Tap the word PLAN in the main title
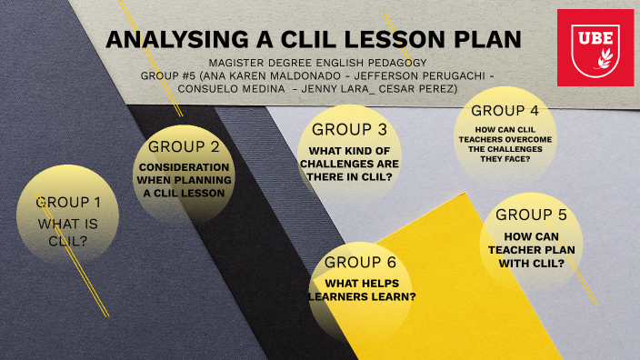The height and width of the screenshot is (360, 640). [487, 39]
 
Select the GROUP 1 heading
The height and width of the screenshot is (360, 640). [67, 203]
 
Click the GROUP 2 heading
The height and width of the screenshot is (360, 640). [184, 146]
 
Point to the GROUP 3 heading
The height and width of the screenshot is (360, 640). [349, 129]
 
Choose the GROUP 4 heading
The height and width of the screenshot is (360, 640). [505, 111]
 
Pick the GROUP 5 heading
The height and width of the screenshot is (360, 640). [531, 215]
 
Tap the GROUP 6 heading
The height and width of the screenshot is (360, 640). [361, 263]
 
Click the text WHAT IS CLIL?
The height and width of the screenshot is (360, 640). [67, 232]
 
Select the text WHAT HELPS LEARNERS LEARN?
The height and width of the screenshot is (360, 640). [362, 288]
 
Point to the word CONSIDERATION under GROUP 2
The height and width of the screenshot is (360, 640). [184, 167]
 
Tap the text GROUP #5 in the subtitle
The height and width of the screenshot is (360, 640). [169, 75]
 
